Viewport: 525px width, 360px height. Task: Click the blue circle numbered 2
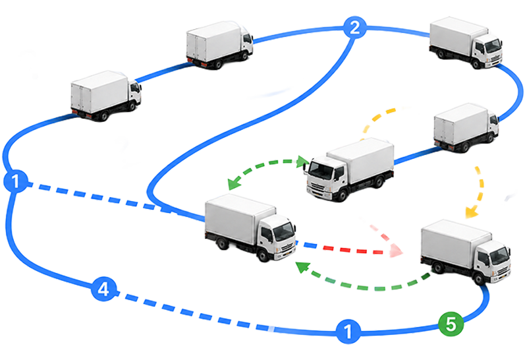pyautogui.click(x=354, y=28)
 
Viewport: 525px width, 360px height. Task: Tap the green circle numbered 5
pyautogui.click(x=451, y=324)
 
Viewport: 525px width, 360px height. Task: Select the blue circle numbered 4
pyautogui.click(x=104, y=289)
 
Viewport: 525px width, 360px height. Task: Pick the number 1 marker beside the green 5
pyautogui.click(x=348, y=332)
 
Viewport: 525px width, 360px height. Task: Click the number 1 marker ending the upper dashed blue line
pyautogui.click(x=15, y=181)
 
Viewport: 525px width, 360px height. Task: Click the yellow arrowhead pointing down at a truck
pyautogui.click(x=472, y=212)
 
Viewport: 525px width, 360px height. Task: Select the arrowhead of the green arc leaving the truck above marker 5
pyautogui.click(x=302, y=267)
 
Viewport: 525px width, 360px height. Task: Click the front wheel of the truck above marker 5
pyautogui.click(x=479, y=279)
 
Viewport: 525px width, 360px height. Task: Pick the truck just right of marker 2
pyautogui.click(x=466, y=43)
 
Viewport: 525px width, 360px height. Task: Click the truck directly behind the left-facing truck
pyautogui.click(x=466, y=128)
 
